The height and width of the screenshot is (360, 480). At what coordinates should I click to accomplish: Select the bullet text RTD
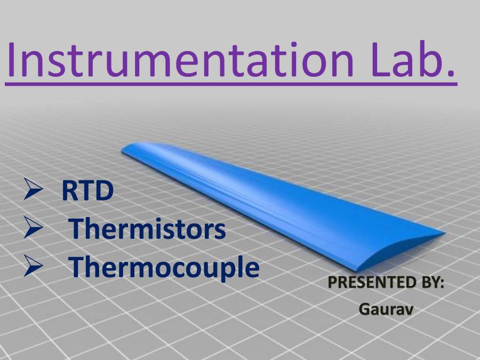click(87, 191)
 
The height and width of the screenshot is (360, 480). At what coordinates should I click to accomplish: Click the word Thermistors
click(148, 229)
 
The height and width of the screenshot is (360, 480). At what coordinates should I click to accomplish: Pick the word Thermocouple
click(165, 267)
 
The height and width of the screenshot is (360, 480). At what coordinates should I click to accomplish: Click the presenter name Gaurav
click(386, 308)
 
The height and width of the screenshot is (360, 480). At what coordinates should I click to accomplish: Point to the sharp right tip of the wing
click(442, 233)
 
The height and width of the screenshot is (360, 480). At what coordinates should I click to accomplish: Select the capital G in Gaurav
click(364, 308)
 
